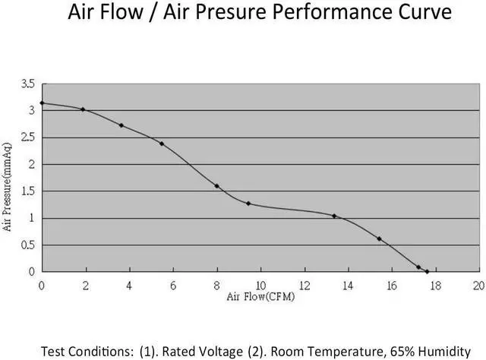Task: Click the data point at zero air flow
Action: pos(42,103)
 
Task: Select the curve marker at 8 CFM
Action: pos(216,186)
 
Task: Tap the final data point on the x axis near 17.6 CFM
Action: pos(428,271)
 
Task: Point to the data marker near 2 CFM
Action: pos(83,109)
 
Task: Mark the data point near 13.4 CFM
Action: pos(334,216)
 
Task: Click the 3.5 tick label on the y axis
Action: pos(28,84)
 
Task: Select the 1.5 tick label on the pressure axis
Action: pos(28,191)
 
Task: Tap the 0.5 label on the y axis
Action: pos(28,245)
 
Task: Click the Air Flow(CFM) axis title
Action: pos(260,296)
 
